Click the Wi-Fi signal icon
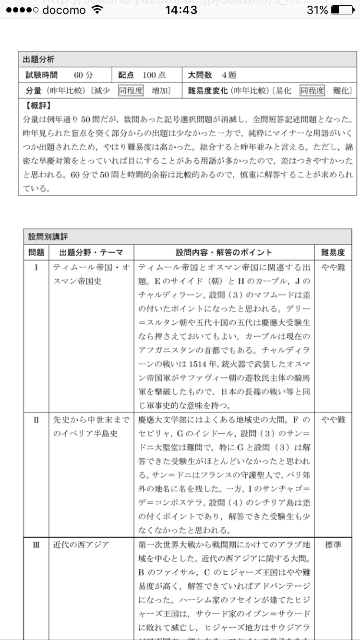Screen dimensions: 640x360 coord(98,10)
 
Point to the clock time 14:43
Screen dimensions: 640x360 coord(180,10)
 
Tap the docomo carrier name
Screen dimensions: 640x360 coord(64,10)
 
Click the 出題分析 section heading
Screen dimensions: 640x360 coord(39,59)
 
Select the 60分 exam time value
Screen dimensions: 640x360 coord(84,75)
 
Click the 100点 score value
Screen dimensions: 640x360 coord(154,75)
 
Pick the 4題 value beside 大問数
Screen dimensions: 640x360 coord(228,75)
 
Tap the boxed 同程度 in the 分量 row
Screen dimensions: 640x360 coord(131,91)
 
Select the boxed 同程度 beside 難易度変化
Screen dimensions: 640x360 coord(312,91)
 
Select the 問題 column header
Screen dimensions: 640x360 coord(36,252)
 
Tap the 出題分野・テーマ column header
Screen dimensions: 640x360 coord(91,252)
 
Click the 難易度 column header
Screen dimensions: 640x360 coord(333,252)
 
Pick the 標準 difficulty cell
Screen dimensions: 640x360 coord(333,545)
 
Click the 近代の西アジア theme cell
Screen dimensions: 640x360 coord(81,545)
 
